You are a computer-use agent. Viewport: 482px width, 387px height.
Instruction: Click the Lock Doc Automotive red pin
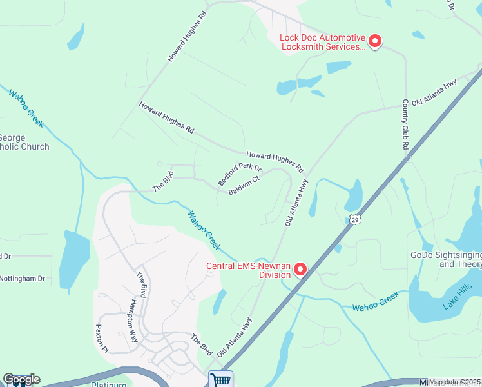click(374, 42)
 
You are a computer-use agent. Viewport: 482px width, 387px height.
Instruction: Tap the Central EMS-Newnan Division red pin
click(300, 270)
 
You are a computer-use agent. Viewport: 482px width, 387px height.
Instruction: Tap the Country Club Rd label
click(406, 124)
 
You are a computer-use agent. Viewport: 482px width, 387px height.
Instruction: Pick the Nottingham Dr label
click(23, 279)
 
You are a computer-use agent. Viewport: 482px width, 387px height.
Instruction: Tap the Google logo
click(21, 379)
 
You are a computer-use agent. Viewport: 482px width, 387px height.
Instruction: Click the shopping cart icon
click(220, 379)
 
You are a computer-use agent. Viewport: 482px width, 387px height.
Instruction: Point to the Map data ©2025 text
click(455, 382)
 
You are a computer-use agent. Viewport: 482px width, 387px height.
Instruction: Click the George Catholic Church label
click(24, 143)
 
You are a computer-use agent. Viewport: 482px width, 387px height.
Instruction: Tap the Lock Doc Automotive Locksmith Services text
click(322, 42)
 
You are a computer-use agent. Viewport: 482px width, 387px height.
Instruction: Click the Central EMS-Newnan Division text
click(247, 270)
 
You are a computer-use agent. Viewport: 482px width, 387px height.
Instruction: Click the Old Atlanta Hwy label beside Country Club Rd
click(435, 92)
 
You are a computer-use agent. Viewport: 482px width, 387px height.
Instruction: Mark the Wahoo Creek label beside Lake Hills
click(376, 301)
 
